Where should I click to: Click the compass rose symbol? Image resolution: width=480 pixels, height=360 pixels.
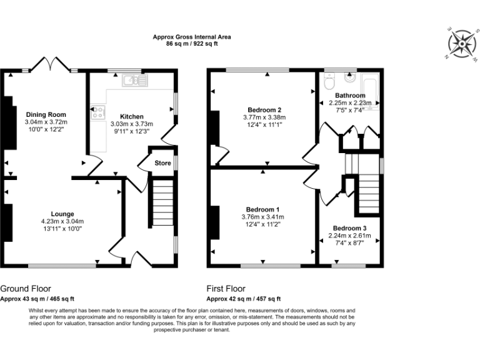click(462, 44)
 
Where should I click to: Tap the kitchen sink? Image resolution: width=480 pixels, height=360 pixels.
click(135, 80)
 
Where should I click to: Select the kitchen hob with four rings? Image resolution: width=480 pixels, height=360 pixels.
click(97, 112)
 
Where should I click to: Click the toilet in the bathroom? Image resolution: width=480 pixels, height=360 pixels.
click(329, 81)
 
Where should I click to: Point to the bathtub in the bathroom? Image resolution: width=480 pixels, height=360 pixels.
click(370, 91)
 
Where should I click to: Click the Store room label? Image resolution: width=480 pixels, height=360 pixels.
click(163, 163)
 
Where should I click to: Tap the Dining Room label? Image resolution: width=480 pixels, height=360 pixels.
click(46, 115)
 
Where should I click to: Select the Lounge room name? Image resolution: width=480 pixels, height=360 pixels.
click(62, 214)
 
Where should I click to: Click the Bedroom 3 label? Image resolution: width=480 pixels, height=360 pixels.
click(349, 228)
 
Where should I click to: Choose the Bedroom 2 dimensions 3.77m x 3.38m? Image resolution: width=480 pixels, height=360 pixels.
click(264, 117)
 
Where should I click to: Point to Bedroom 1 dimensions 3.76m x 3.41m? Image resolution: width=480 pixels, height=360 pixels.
click(263, 217)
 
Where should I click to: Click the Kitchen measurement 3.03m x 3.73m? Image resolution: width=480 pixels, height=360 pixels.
click(132, 124)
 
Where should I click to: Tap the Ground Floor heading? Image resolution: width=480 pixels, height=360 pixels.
click(26, 289)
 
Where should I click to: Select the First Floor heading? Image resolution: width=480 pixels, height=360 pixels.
click(226, 289)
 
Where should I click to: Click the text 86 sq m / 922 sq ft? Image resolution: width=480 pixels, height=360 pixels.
click(192, 44)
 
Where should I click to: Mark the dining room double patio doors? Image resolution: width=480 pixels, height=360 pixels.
click(51, 64)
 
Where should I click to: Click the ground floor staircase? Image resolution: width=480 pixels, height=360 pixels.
click(163, 202)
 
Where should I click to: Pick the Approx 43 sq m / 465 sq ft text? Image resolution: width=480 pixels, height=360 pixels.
click(37, 299)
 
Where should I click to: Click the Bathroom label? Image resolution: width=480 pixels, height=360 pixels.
click(350, 96)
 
